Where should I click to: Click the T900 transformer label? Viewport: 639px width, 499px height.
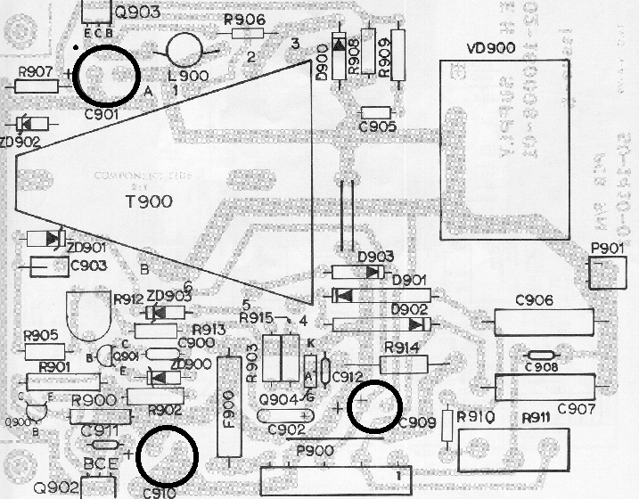[148, 201]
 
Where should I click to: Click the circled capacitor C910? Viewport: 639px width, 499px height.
[169, 454]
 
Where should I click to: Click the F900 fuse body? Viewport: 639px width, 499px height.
[232, 405]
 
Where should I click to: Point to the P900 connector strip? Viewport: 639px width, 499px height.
[335, 480]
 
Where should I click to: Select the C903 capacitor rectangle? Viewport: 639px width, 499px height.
[52, 266]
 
